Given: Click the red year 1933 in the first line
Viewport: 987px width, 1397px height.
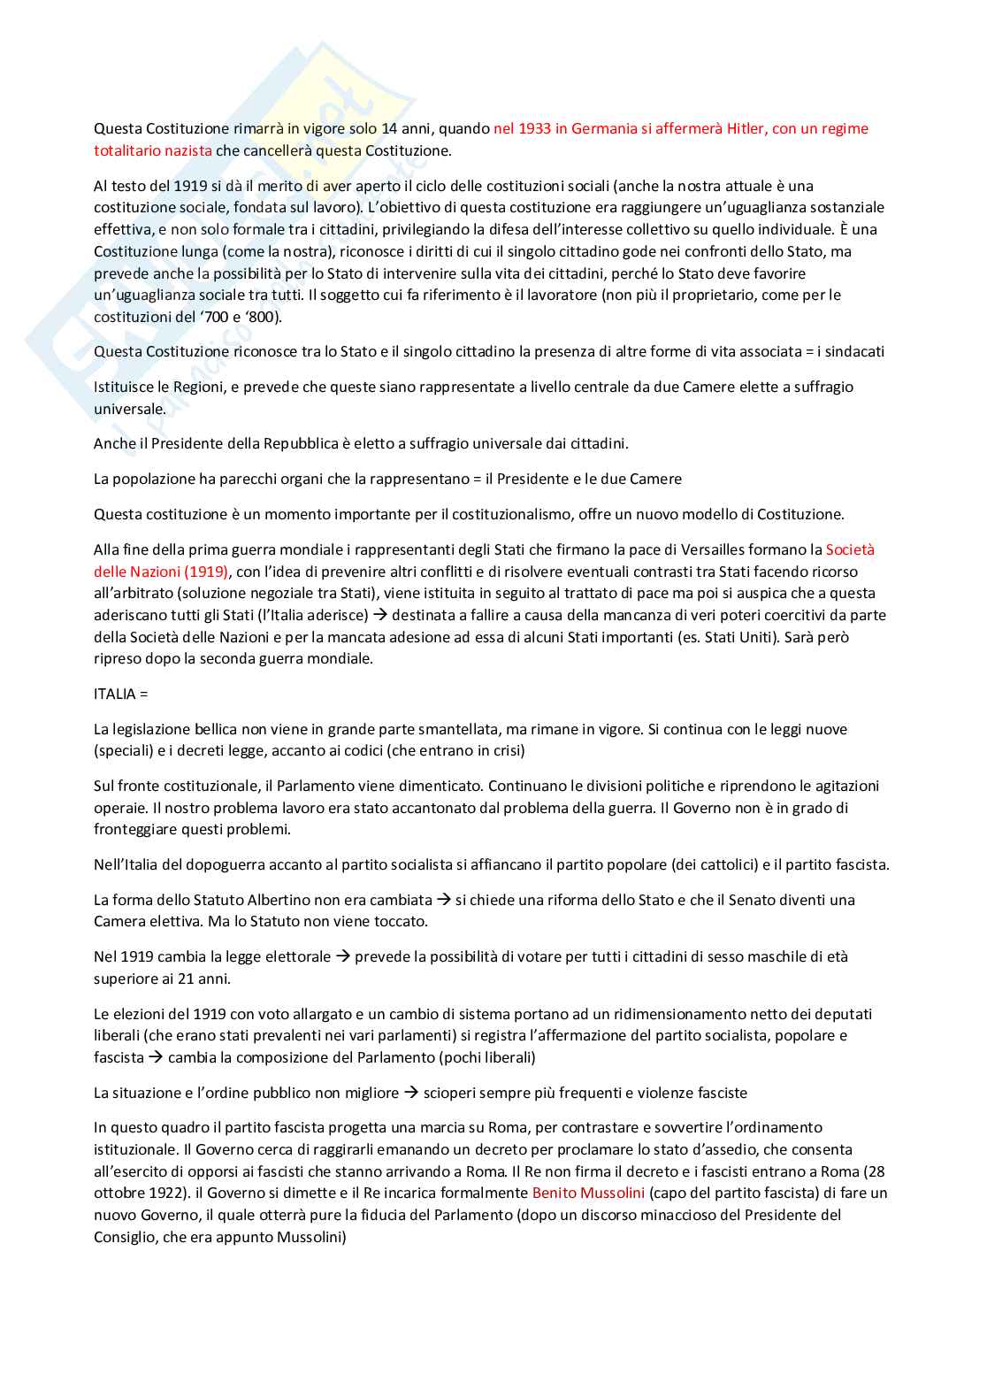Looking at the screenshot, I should click(534, 129).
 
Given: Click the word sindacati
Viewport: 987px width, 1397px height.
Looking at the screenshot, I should click(853, 352).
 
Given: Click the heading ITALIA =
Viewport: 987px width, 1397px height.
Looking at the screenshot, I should click(121, 695).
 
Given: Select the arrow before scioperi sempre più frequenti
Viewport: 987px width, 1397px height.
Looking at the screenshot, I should click(411, 1094).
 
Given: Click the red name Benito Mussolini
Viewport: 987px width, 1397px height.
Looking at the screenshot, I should click(588, 1194).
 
